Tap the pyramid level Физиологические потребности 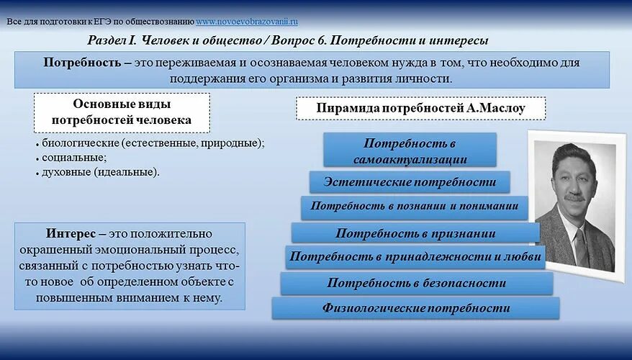click(415, 308)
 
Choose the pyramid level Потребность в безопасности click(415, 283)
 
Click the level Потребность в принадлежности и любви click(415, 256)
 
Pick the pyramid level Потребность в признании click(415, 233)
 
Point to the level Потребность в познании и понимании click(414, 206)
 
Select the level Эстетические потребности click(410, 181)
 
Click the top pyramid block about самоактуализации click(410, 150)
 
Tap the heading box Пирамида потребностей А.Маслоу click(420, 109)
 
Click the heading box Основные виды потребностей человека click(122, 112)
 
